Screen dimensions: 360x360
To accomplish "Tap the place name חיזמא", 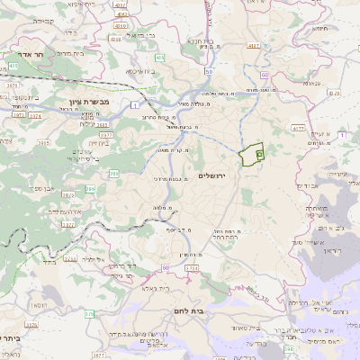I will coord(319,27).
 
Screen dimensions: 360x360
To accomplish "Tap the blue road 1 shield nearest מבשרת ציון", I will coord(135,106).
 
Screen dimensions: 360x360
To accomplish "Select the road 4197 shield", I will coord(255,44).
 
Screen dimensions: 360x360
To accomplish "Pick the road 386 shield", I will coord(90,188).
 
